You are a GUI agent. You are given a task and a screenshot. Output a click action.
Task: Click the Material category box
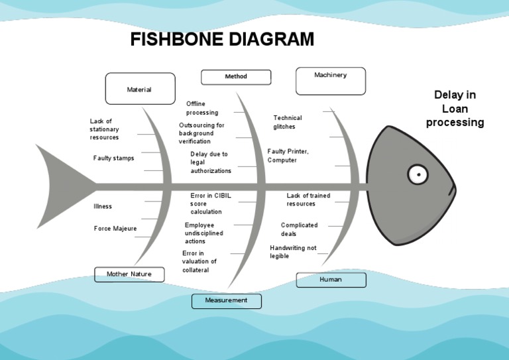click(x=140, y=89)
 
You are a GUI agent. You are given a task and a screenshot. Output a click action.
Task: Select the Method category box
click(x=236, y=77)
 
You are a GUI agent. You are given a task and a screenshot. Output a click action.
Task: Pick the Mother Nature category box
click(x=129, y=274)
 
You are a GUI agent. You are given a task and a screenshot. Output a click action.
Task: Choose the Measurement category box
click(x=226, y=301)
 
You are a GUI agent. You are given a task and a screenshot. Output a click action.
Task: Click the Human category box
click(x=331, y=280)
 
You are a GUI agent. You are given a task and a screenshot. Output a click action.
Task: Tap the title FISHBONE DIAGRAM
click(x=222, y=40)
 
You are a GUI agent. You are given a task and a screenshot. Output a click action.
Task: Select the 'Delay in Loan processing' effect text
click(x=455, y=109)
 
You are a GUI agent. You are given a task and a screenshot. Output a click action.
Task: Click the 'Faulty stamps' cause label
click(x=113, y=158)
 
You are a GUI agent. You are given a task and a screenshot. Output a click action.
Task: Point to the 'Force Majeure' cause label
click(x=115, y=229)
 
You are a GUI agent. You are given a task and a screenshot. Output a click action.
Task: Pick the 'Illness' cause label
click(x=103, y=206)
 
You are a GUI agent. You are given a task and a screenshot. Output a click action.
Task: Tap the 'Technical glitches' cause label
click(x=288, y=122)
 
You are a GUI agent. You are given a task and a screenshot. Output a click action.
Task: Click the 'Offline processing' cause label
click(x=201, y=108)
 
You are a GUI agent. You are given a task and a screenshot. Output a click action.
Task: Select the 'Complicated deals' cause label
click(x=299, y=229)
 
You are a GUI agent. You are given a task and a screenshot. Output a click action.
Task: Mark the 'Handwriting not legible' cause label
click(x=293, y=252)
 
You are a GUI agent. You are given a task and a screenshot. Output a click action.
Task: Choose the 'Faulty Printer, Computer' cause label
click(x=288, y=156)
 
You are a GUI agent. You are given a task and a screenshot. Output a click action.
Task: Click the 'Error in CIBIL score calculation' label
click(x=210, y=204)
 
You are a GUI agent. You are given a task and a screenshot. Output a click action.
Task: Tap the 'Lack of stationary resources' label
click(x=105, y=129)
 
